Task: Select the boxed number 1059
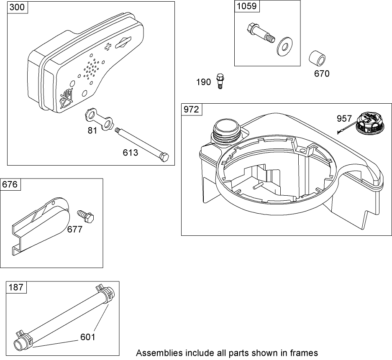pos(246,6)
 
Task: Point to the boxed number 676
pos(11,184)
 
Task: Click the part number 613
pos(130,153)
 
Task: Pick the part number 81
pos(92,130)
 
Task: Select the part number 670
pos(322,74)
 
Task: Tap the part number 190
pos(204,82)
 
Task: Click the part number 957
pos(344,119)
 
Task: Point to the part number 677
pos(75,229)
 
